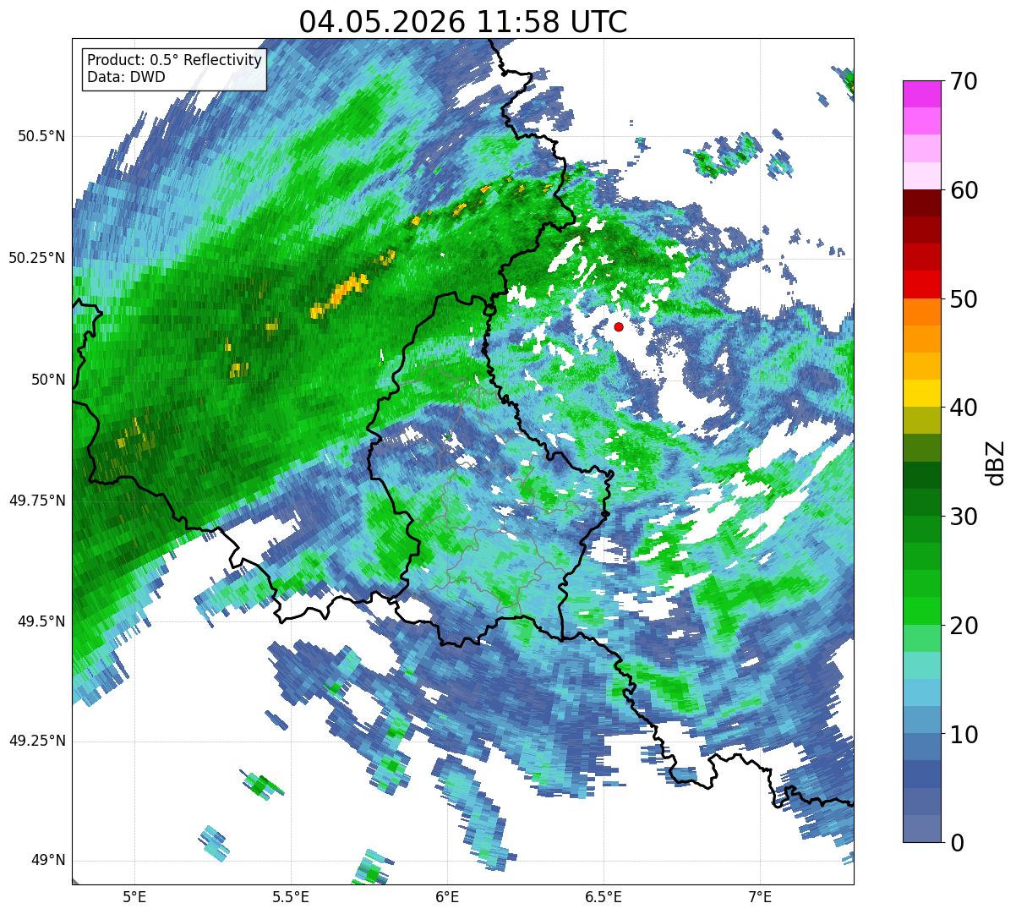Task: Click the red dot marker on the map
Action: (619, 326)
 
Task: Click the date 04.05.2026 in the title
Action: (382, 22)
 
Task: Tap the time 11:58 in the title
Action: (518, 22)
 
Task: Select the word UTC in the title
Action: (598, 22)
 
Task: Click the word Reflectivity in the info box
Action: (222, 60)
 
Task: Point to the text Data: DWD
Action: (126, 77)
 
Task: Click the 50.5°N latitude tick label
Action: (41, 136)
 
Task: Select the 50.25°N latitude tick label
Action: (37, 258)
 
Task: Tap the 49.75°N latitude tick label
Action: (37, 501)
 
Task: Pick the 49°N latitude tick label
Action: (48, 860)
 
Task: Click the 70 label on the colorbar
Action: (964, 81)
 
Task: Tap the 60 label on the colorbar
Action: (964, 190)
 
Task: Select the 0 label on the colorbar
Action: (957, 843)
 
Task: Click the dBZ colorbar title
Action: (996, 463)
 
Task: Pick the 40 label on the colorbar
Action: (964, 408)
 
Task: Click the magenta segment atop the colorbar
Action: (922, 94)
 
